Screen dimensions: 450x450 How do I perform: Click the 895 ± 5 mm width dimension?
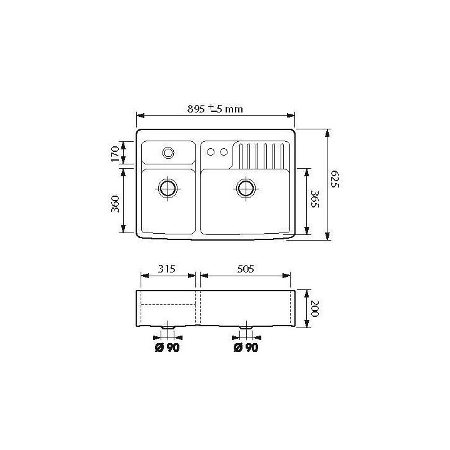[x=214, y=109]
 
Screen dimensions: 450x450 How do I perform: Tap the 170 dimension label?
[x=115, y=152]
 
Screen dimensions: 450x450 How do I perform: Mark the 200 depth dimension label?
[x=315, y=309]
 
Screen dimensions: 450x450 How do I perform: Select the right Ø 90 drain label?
[x=246, y=348]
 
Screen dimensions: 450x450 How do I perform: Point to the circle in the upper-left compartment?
[x=168, y=152]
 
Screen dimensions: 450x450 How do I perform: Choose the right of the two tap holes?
[x=222, y=152]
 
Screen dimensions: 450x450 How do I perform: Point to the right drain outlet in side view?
[x=246, y=327]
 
